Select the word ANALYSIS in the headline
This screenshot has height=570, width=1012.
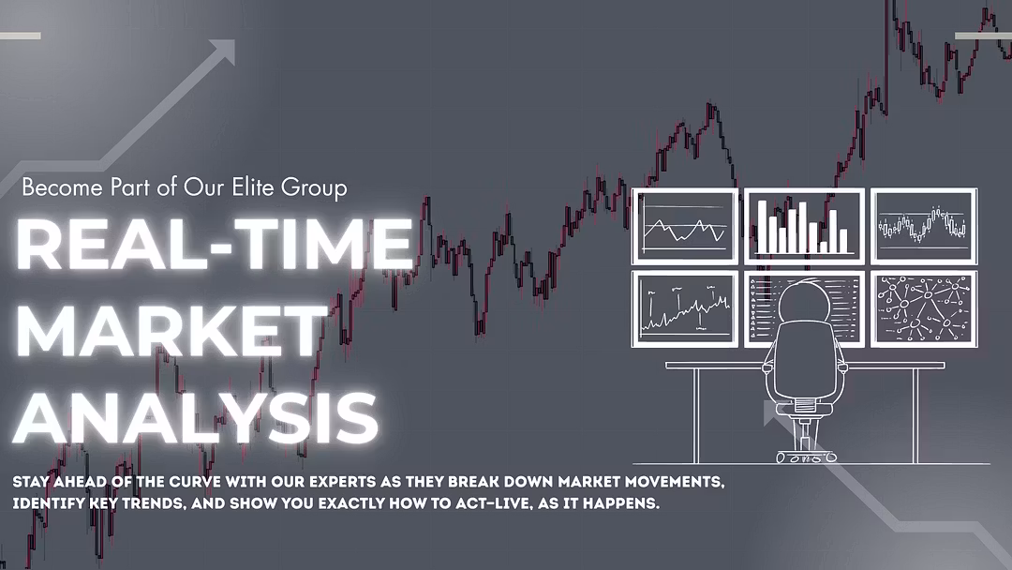pos(196,417)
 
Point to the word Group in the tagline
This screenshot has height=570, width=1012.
pos(314,188)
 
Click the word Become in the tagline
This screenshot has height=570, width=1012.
pos(63,187)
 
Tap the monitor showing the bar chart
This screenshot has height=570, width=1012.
pos(804,226)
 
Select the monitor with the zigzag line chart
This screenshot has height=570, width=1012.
pos(685,226)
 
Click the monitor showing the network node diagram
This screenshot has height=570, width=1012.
pos(924,308)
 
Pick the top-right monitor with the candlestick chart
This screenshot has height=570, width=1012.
pos(924,226)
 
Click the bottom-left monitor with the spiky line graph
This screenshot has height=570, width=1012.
pos(685,308)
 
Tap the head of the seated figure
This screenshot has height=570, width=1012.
pos(803,301)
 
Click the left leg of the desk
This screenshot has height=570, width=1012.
pos(697,415)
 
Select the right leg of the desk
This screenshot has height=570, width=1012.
pos(915,415)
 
